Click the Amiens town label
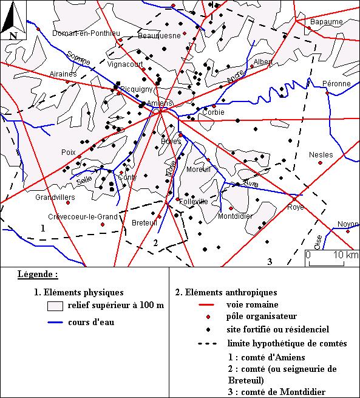click(160, 103)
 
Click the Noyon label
click(348, 224)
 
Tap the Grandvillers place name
click(55, 197)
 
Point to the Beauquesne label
click(160, 36)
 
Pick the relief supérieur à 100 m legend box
click(56, 305)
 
